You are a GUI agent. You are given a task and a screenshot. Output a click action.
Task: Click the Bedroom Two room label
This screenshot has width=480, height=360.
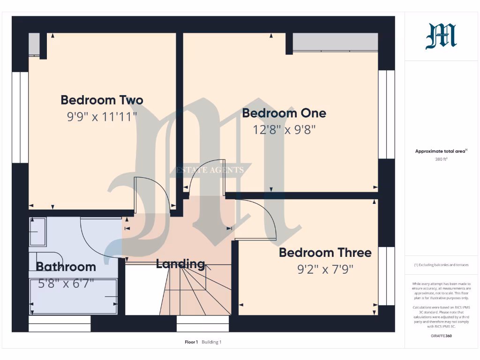click(102, 100)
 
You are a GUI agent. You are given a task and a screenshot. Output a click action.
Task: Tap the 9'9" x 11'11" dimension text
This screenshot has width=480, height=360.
click(102, 116)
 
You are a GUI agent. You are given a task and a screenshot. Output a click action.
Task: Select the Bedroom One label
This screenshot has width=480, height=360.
click(284, 113)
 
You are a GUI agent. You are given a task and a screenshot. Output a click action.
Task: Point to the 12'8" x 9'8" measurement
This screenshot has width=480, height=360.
click(284, 129)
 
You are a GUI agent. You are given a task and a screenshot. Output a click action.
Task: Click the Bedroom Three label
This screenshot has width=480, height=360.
click(325, 253)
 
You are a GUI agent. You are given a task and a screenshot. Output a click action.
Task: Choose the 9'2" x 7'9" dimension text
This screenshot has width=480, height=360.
click(325, 269)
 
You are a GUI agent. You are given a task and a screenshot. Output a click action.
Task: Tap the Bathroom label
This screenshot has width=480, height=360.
click(66, 267)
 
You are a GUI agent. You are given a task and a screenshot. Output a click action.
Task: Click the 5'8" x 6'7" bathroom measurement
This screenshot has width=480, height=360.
click(66, 283)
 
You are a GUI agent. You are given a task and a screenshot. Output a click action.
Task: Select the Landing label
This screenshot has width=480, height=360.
click(180, 264)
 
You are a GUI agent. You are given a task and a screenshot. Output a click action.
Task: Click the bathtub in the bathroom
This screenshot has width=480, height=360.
click(74, 297)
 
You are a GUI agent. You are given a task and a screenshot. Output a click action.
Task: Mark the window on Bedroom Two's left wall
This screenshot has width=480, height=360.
click(20, 117)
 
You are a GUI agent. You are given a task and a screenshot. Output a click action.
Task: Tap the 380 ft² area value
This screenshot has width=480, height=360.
click(442, 159)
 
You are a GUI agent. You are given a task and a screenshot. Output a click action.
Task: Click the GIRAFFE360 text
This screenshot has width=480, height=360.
click(442, 336)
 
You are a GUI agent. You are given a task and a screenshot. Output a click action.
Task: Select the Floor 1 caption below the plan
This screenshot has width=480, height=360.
click(191, 342)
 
